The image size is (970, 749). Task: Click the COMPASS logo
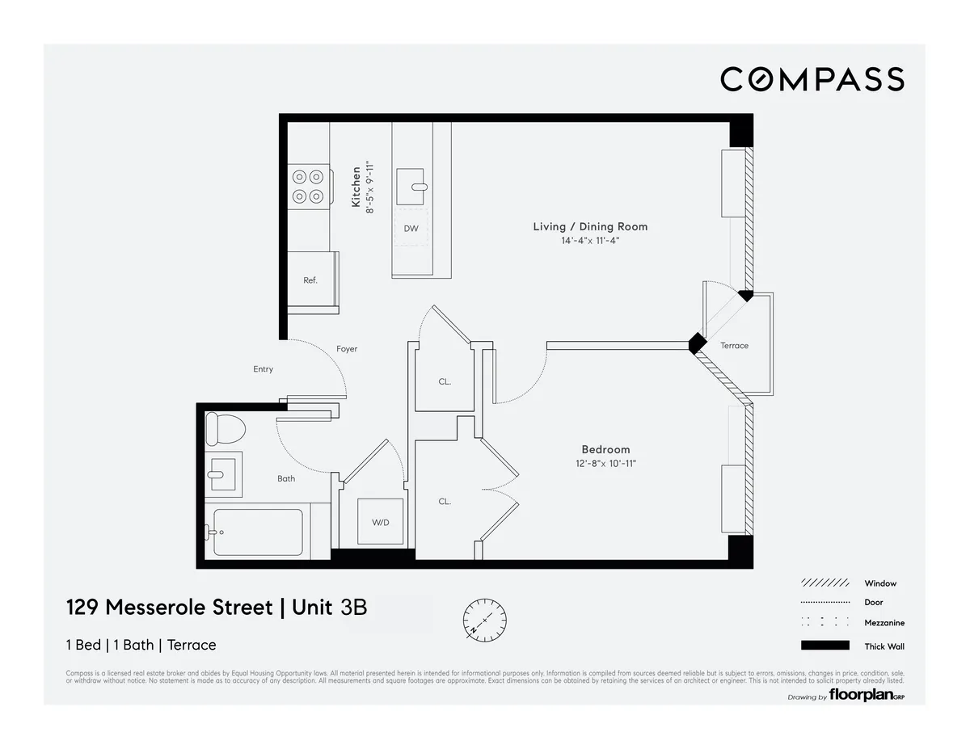pyautogui.click(x=812, y=79)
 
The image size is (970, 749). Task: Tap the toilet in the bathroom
pyautogui.click(x=224, y=428)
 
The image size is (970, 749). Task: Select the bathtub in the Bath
pyautogui.click(x=258, y=532)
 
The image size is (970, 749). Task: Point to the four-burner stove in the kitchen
pyautogui.click(x=308, y=186)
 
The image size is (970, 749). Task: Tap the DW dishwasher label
pyautogui.click(x=411, y=229)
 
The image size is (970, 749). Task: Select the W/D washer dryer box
pyautogui.click(x=381, y=522)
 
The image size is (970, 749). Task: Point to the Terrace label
pyautogui.click(x=734, y=346)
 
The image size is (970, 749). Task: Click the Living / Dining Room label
pyautogui.click(x=590, y=226)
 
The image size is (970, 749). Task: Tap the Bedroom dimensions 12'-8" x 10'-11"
pyautogui.click(x=605, y=464)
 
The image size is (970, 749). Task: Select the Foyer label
pyautogui.click(x=347, y=349)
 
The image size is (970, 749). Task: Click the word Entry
pyautogui.click(x=263, y=369)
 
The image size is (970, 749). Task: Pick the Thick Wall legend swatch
pyautogui.click(x=824, y=645)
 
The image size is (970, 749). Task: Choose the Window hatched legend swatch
pyautogui.click(x=824, y=583)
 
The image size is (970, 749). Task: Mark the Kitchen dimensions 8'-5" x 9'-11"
pyautogui.click(x=369, y=187)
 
